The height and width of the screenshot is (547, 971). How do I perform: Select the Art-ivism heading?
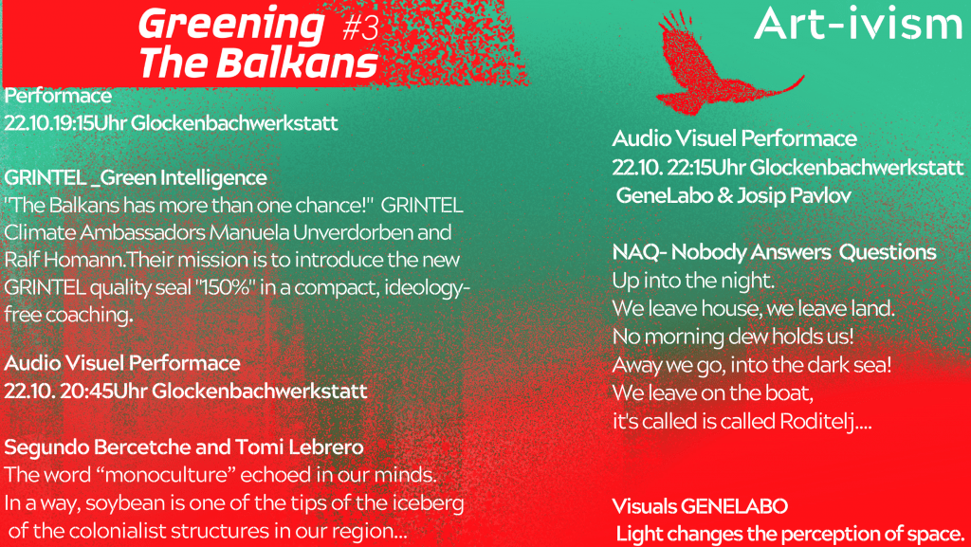click(x=857, y=25)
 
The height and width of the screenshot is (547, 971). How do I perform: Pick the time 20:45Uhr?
click(x=103, y=392)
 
